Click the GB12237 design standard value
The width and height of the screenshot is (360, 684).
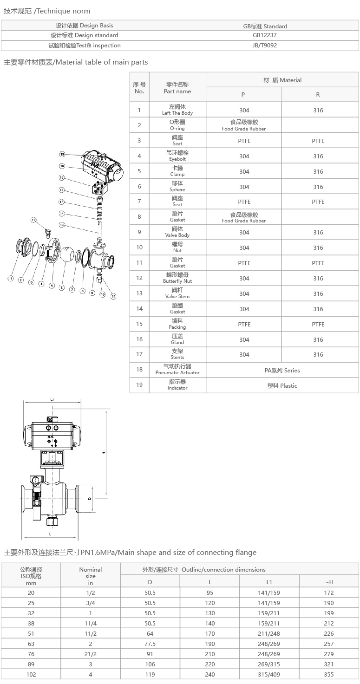point(264,35)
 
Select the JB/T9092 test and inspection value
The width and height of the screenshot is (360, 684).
point(264,46)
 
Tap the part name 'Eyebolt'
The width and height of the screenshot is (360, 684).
point(177,159)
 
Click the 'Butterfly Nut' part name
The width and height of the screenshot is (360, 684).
point(177,281)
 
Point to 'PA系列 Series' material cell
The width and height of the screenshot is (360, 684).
point(282,371)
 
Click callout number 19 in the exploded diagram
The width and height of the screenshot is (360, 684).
point(62,154)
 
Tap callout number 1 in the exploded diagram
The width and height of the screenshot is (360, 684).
point(11,278)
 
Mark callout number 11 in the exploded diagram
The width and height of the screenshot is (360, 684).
point(113,296)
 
